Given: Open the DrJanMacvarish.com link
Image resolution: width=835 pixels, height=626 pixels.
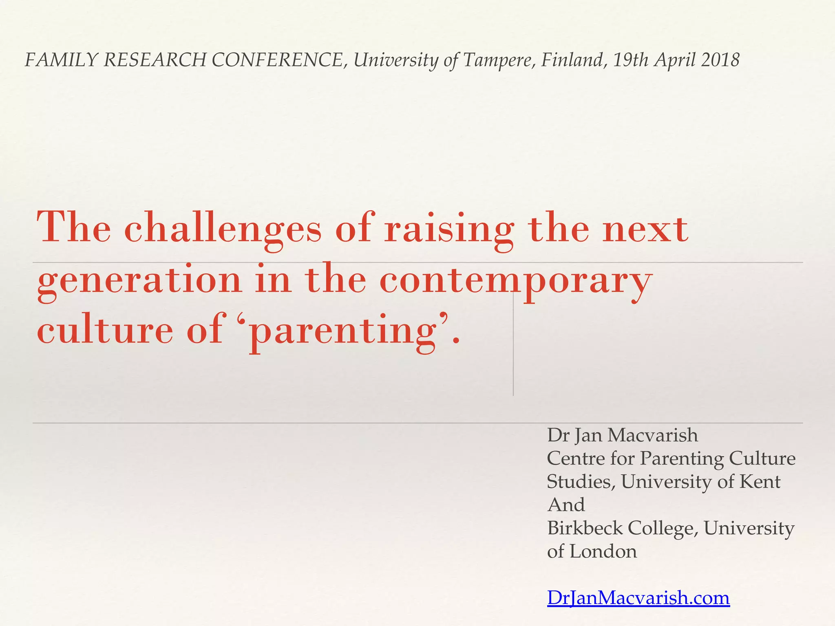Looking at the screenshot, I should coord(638,598).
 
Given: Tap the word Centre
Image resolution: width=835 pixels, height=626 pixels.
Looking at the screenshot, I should coord(576,458).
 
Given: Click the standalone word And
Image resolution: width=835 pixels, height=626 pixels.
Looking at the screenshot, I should coord(566,505).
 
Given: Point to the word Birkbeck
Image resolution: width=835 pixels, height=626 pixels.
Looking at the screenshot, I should coord(585,528).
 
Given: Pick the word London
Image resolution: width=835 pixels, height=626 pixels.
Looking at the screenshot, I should coord(603,551).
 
